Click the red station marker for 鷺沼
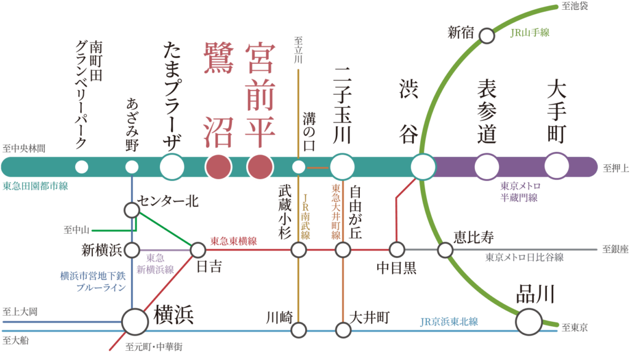(218, 166)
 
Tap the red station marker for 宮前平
(260, 166)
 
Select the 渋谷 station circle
(423, 166)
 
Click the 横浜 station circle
(135, 321)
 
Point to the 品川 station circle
(528, 321)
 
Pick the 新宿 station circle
(487, 36)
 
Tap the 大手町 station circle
(557, 166)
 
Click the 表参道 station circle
(487, 166)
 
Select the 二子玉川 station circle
(343, 166)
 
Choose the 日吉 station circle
(198, 250)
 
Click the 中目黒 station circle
(397, 250)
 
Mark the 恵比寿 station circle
(445, 250)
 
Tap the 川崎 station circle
(298, 330)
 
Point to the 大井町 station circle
(343, 330)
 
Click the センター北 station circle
(132, 210)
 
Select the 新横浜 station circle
(132, 250)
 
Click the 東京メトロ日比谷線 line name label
(524, 258)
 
